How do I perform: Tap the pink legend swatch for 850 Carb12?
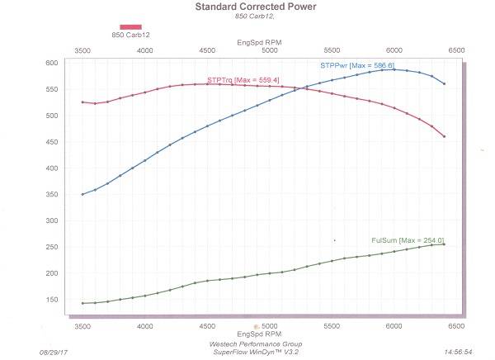pos(130,26)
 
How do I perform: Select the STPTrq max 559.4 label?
pos(243,79)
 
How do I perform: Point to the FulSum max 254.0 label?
pos(408,240)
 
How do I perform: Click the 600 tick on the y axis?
pos(52,63)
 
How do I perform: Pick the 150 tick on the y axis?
pos(52,300)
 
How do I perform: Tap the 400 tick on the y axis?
pos(52,168)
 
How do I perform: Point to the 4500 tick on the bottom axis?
pos(207,327)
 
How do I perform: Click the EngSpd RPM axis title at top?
pos(257,40)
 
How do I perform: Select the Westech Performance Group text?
pos(257,343)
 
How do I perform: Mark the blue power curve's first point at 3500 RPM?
pos(82,194)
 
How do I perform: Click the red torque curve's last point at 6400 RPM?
pos(444,136)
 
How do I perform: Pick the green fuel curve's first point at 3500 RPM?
pos(82,303)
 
